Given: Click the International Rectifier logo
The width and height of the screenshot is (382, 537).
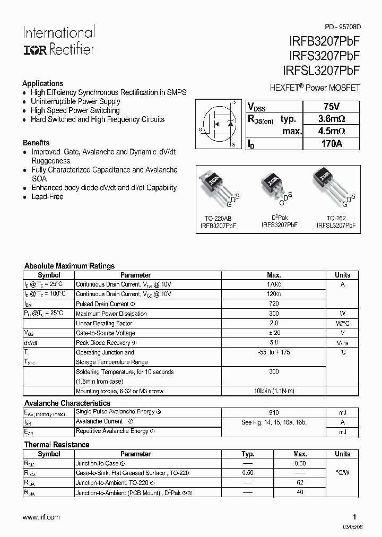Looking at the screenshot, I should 58,41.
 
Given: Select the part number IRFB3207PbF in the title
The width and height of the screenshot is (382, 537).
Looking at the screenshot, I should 318,42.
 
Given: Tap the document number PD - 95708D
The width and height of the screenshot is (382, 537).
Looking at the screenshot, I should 342,27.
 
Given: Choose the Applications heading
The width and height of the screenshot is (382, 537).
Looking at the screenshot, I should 43,83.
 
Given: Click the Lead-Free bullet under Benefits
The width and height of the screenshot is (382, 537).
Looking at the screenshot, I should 47,197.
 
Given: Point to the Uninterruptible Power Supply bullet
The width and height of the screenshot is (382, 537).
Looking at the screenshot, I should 75,101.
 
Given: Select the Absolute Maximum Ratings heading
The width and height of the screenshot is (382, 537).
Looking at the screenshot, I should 70,266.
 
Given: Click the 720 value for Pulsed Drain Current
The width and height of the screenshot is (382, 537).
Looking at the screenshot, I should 274,304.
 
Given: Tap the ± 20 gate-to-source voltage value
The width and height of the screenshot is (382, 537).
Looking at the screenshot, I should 274,333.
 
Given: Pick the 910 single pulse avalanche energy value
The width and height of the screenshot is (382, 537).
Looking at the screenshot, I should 274,412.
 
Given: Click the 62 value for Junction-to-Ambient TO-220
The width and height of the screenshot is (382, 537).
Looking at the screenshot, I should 300,483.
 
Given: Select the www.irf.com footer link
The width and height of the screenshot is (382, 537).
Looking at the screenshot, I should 42,517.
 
